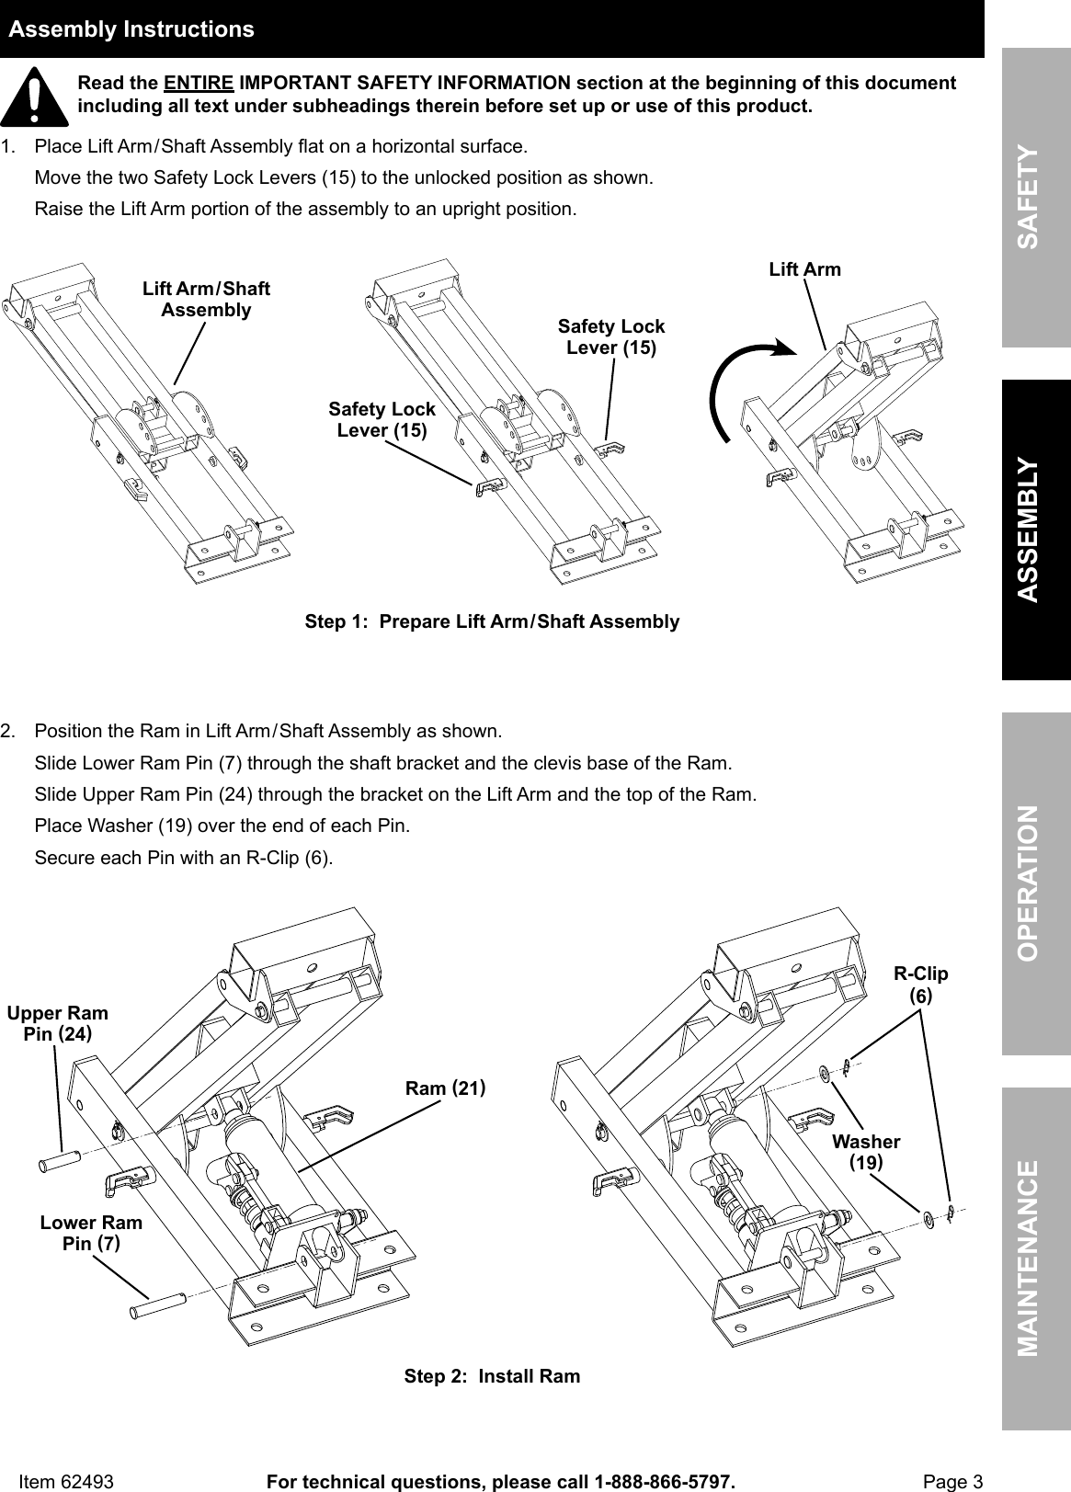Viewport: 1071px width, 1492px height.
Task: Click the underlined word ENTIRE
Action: [198, 84]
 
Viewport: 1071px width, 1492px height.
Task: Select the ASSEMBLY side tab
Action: [1036, 529]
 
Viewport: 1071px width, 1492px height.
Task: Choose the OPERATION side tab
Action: [1036, 883]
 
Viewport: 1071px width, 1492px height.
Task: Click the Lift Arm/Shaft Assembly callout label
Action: [206, 300]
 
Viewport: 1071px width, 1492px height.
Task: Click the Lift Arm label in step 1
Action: [804, 269]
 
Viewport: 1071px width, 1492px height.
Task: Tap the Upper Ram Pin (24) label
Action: [58, 1023]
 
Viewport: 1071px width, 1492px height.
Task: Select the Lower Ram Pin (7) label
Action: [91, 1233]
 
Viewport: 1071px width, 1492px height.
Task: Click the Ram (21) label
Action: [445, 1088]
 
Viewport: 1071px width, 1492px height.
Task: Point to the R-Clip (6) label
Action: [920, 984]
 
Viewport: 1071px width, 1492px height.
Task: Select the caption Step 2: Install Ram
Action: [492, 1376]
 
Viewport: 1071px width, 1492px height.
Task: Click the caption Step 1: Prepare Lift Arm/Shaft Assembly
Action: [492, 621]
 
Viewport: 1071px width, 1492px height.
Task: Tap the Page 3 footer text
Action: [952, 1482]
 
